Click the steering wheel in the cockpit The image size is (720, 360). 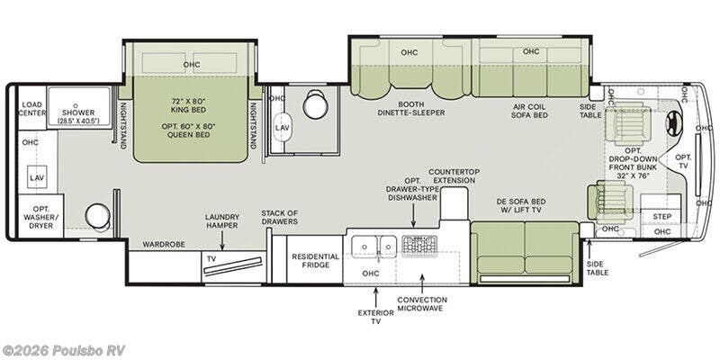tap(673, 124)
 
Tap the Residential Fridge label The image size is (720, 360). tap(316, 260)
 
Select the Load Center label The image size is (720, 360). tap(32, 108)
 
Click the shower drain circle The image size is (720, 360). tap(76, 105)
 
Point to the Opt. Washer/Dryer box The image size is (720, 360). tap(40, 216)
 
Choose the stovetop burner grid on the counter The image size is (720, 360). tap(419, 246)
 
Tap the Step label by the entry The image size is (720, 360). tap(661, 216)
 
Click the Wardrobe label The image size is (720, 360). tap(164, 244)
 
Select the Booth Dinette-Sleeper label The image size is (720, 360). tap(411, 108)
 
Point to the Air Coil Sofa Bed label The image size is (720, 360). tap(529, 111)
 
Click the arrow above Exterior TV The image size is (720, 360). tap(375, 298)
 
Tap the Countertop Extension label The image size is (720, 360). tap(454, 175)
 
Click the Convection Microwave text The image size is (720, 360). tap(422, 304)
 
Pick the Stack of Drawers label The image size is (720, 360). tap(279, 217)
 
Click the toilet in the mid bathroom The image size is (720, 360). tap(315, 104)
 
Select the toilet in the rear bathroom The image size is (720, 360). tap(98, 217)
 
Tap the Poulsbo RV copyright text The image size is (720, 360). tap(63, 350)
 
